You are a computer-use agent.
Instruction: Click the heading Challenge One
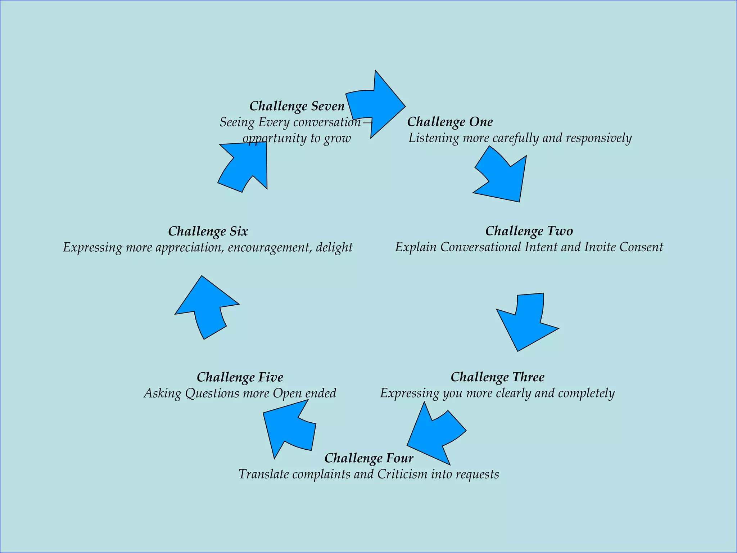click(x=450, y=122)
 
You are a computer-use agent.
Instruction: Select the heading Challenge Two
click(x=529, y=231)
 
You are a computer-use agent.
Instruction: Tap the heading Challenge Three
click(x=497, y=377)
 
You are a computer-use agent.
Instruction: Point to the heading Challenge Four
click(x=369, y=458)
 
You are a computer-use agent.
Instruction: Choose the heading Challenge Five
click(x=240, y=377)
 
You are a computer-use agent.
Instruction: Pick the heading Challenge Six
click(x=208, y=231)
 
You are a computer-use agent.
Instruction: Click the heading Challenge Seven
click(x=297, y=106)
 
